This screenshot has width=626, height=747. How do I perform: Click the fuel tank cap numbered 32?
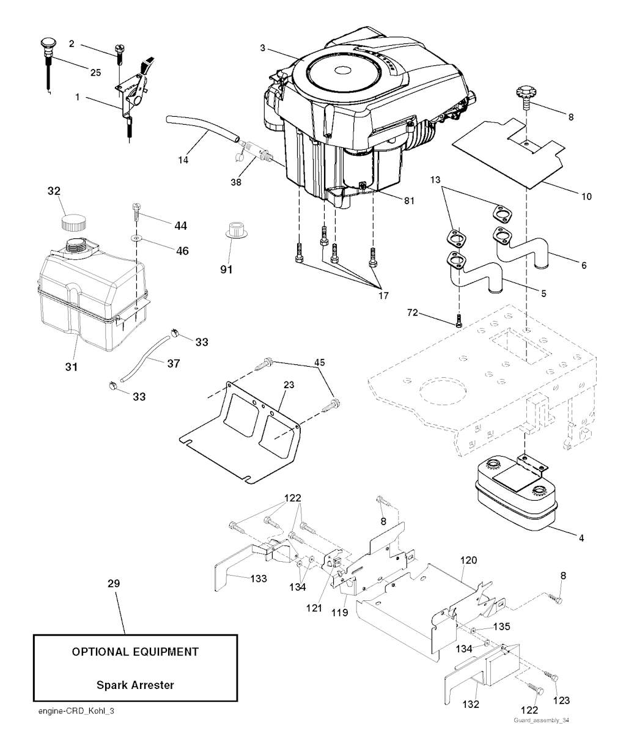coord(72,221)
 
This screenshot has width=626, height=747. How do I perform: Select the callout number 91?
coord(230,268)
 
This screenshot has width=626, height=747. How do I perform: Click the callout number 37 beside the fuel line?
coord(174,363)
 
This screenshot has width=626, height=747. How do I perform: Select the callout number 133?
coord(258,579)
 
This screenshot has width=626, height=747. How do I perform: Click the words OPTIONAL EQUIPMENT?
coord(135,652)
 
